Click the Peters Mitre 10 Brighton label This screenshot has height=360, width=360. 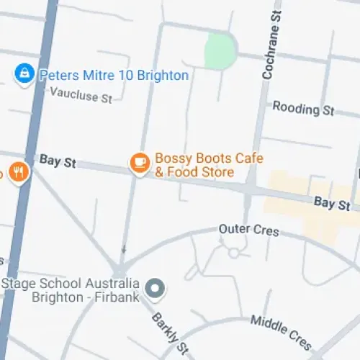(x=113, y=75)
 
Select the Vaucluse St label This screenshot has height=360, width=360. (x=81, y=94)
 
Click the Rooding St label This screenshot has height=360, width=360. (x=304, y=109)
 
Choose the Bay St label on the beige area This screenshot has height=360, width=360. (x=332, y=204)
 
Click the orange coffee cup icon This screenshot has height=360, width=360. (x=139, y=163)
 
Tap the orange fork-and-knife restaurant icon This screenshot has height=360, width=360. (x=19, y=173)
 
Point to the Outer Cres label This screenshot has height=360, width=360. (x=248, y=231)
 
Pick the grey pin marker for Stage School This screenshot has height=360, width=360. (x=155, y=290)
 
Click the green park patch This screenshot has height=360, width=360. (x=220, y=51)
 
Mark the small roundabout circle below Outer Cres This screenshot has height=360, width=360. (x=233, y=253)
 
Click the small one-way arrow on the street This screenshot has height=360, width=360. (x=123, y=251)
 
